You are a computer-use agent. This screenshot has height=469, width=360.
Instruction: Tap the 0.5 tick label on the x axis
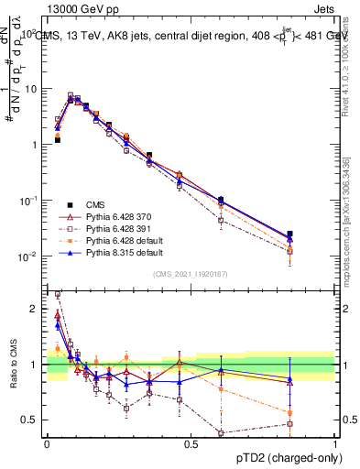click(x=191, y=443)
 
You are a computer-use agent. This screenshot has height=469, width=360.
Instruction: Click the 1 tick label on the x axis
click(x=334, y=443)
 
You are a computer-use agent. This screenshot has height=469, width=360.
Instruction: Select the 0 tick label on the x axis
click(x=47, y=443)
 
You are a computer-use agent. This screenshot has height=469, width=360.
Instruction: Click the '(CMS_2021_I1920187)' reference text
click(x=191, y=275)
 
